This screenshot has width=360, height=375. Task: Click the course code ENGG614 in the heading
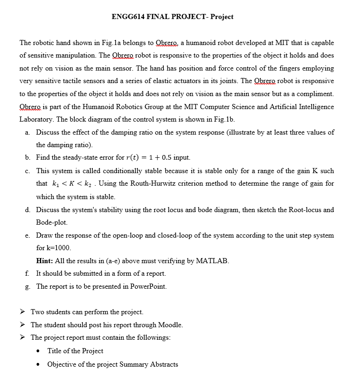[129, 17]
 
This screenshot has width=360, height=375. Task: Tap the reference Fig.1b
[225, 119]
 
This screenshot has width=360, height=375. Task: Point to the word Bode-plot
[52, 222]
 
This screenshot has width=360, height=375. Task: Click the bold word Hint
[45, 261]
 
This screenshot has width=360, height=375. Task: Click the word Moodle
[170, 325]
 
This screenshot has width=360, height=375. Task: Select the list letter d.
[28, 209]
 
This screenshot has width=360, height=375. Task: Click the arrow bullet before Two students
[23, 312]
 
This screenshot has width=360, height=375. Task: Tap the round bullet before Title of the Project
[39, 351]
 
